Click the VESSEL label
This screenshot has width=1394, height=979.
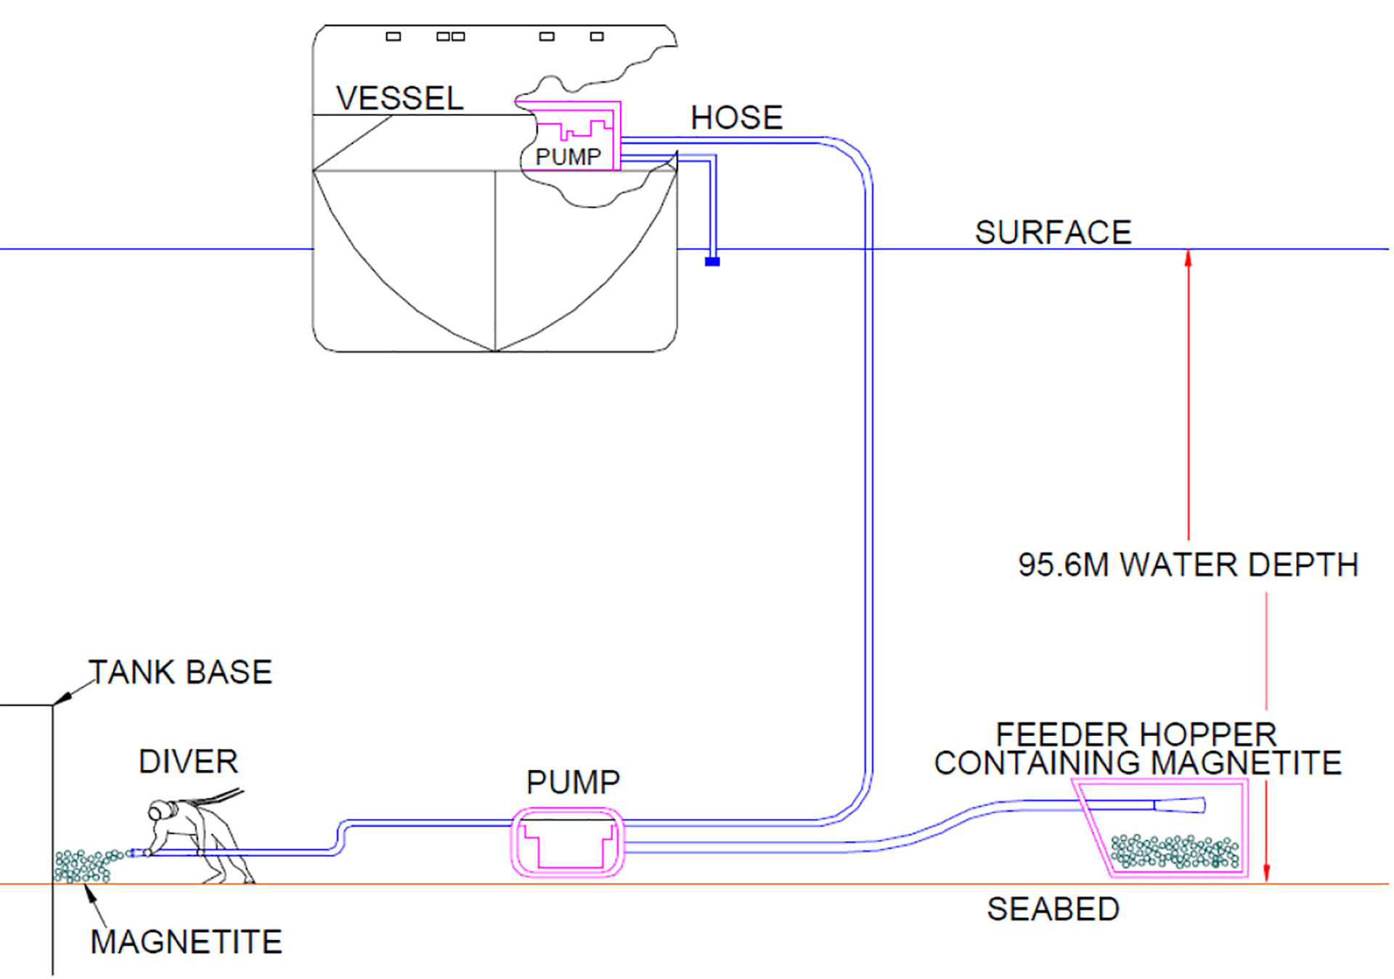click(399, 99)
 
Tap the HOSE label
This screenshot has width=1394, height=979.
click(736, 118)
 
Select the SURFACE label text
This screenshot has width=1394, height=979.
click(1053, 232)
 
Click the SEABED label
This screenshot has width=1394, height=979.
click(1053, 909)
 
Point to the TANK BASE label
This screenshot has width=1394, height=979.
click(180, 672)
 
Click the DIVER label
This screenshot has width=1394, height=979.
click(188, 762)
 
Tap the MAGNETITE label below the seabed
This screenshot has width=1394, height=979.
click(186, 942)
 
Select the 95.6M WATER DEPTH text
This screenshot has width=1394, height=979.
click(1188, 565)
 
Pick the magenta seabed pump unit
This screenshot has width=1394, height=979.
click(568, 843)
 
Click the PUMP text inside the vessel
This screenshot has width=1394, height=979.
click(568, 157)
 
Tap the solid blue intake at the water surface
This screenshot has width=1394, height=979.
click(712, 261)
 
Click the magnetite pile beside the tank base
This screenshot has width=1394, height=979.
click(83, 866)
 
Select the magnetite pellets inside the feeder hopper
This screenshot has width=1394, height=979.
click(1175, 851)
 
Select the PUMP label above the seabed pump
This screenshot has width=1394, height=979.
click(573, 782)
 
